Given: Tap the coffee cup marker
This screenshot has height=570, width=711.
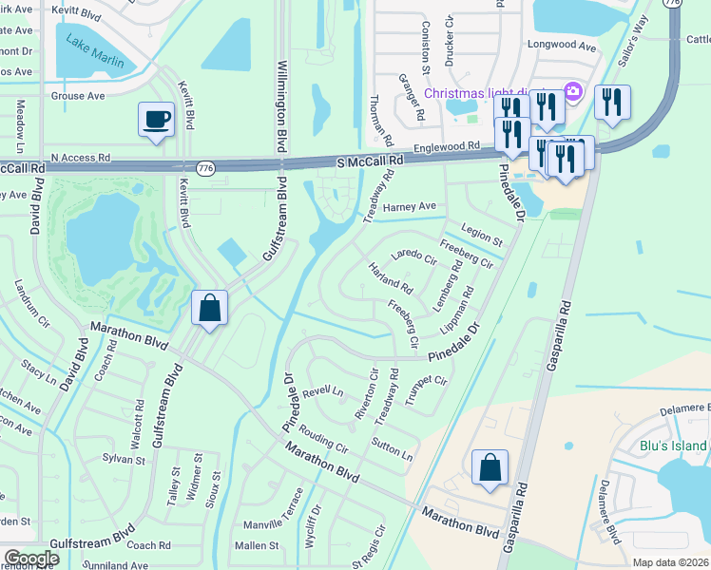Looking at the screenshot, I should [x=156, y=120].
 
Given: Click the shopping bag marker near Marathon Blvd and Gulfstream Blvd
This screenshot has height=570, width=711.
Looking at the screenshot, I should [x=209, y=308].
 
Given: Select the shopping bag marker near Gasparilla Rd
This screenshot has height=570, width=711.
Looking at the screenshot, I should [x=490, y=467].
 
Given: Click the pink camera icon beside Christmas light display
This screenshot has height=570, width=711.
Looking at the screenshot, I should [x=572, y=91].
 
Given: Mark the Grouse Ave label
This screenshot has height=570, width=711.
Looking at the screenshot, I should [x=78, y=96].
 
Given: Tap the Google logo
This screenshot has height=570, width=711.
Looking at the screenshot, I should [x=30, y=559].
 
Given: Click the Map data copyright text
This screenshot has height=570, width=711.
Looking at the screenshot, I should [x=670, y=562].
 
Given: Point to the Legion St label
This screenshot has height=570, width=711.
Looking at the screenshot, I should [x=481, y=232].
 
